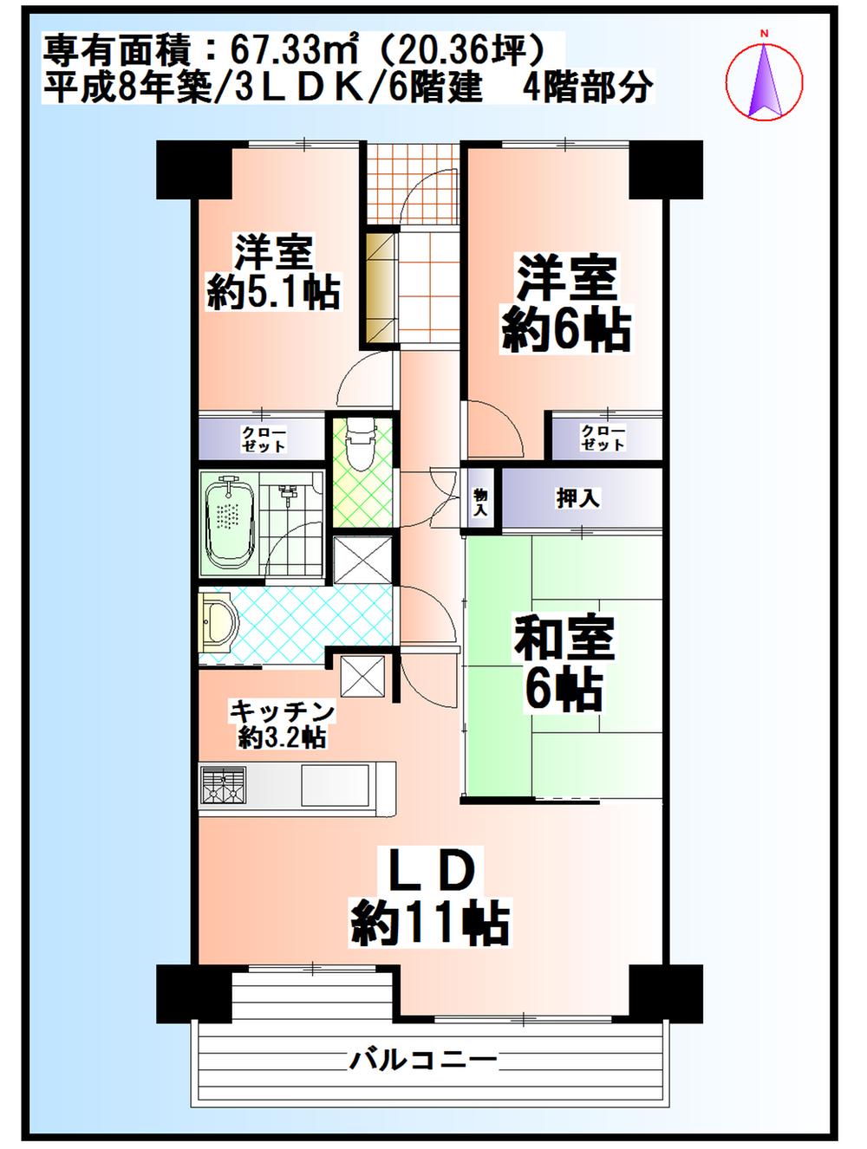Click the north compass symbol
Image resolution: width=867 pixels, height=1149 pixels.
coord(764,79)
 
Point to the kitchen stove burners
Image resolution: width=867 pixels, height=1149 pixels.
coord(224,787)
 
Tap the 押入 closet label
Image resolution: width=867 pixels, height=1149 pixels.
coord(577,498)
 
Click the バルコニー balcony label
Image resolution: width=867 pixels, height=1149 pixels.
coord(424,1058)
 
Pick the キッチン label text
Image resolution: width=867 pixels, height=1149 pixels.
coord(282,711)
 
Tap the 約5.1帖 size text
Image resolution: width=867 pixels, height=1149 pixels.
coord(273,292)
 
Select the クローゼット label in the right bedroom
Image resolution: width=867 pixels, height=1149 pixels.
coord(603,438)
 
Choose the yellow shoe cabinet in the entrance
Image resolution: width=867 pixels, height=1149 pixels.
coord(379,289)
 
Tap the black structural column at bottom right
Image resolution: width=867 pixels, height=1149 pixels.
coord(665,992)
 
